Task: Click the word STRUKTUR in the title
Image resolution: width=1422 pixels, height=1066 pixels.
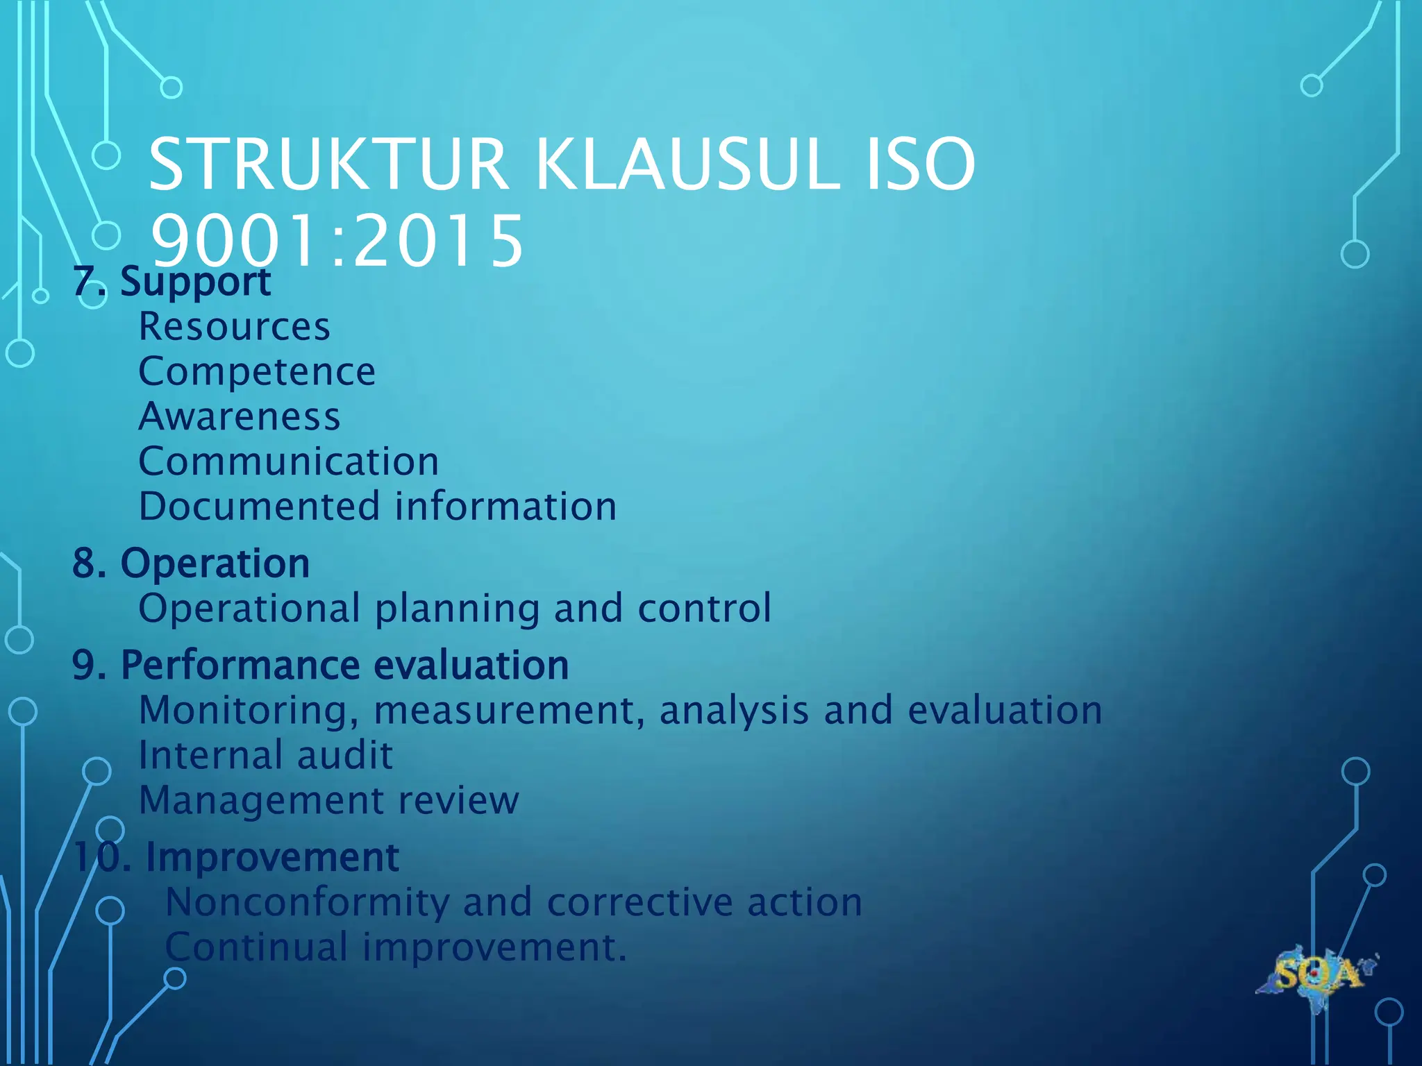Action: click(328, 165)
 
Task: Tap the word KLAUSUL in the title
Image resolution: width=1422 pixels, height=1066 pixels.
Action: click(687, 165)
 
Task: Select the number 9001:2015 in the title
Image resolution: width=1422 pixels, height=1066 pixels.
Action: click(337, 241)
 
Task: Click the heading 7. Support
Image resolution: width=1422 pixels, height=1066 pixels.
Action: click(172, 282)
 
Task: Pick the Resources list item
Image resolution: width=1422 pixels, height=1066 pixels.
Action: click(235, 326)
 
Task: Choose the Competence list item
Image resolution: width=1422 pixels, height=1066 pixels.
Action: click(257, 372)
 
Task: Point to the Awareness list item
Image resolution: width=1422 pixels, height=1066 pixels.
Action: click(240, 416)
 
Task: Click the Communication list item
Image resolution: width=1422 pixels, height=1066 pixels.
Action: click(289, 462)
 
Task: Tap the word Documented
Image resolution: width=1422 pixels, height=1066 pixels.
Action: click(259, 506)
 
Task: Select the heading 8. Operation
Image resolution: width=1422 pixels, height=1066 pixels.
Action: click(191, 563)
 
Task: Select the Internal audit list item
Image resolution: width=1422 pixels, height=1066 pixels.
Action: click(266, 755)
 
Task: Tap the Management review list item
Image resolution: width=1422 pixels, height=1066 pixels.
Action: click(328, 801)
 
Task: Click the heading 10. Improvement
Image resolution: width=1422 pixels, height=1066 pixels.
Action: click(236, 857)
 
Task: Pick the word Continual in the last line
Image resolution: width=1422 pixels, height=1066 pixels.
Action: click(257, 947)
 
